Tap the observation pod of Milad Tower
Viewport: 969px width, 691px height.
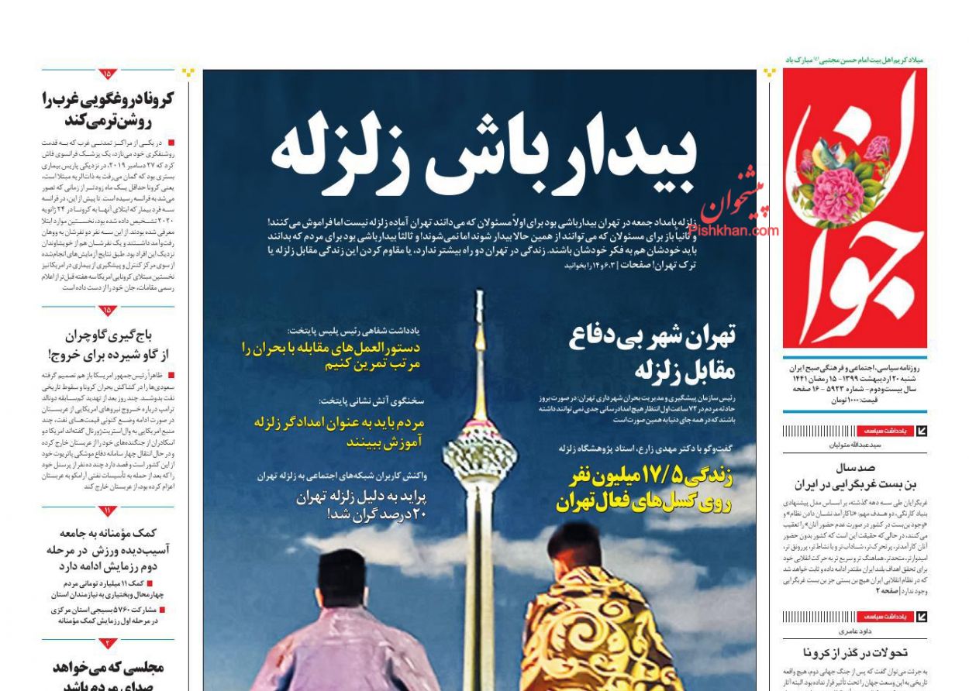(x=479, y=450)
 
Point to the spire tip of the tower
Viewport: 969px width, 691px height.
(x=479, y=298)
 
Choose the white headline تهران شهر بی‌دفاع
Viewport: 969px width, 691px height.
(x=652, y=352)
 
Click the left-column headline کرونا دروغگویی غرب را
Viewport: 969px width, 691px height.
(x=109, y=109)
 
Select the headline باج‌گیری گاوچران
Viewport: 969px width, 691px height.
(x=109, y=345)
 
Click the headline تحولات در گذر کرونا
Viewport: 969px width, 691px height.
(x=855, y=652)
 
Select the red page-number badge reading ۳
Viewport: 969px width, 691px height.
(x=108, y=643)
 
